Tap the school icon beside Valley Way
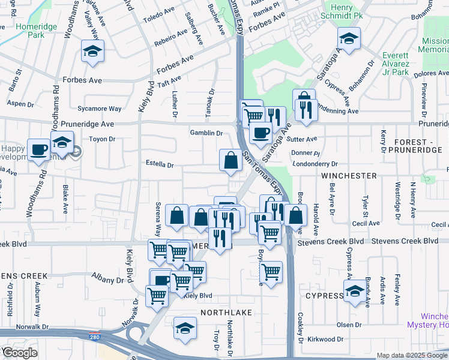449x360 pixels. pyautogui.click(x=92, y=52)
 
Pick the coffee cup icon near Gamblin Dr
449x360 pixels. pyautogui.click(x=260, y=132)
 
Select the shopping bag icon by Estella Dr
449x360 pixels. pyautogui.click(x=231, y=160)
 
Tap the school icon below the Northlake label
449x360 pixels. pyautogui.click(x=185, y=328)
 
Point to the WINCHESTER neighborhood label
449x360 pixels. pyautogui.click(x=349, y=176)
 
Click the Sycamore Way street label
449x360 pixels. pyautogui.click(x=100, y=109)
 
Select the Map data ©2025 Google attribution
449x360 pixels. pyautogui.click(x=412, y=355)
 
